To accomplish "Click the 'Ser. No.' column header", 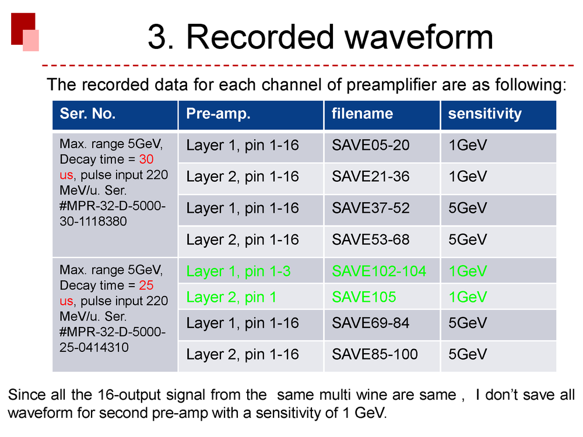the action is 87,114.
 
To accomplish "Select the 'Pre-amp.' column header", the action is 218,114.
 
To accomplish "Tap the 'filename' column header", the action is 362,114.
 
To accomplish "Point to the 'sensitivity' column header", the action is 485,114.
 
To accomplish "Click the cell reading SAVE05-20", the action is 371,145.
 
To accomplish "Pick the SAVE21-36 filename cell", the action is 371,177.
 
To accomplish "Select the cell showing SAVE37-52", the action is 371,208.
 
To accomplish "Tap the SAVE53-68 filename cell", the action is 371,239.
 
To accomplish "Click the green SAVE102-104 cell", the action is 379,272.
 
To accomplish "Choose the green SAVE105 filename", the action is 364,297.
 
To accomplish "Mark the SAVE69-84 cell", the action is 371,323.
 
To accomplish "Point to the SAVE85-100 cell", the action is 375,354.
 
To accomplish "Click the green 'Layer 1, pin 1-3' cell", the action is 238,272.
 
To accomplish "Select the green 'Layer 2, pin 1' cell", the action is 231,298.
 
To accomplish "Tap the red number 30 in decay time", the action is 146,160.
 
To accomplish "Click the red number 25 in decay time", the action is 146,286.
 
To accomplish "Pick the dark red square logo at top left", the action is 23,29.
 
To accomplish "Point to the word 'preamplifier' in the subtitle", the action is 392,85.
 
